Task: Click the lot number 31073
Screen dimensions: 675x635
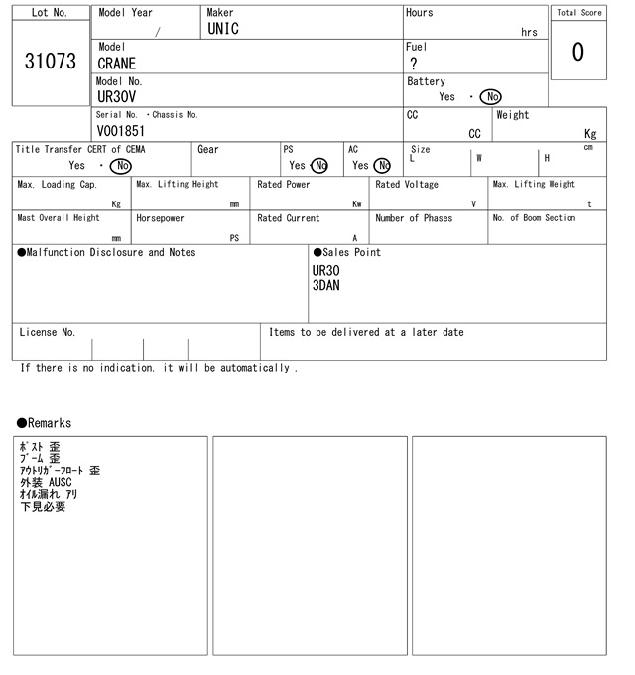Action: pyautogui.click(x=50, y=62)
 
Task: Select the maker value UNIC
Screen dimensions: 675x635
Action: pyautogui.click(x=223, y=30)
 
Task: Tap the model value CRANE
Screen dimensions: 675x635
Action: pyautogui.click(x=117, y=64)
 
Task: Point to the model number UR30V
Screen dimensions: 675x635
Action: pyautogui.click(x=117, y=97)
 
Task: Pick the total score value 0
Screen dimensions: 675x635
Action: pyautogui.click(x=577, y=52)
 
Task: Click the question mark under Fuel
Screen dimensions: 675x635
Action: pyautogui.click(x=413, y=64)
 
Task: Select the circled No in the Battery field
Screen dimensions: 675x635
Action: pyautogui.click(x=490, y=97)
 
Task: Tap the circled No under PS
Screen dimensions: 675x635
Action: pyautogui.click(x=318, y=166)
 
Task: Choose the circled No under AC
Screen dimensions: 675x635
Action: pyautogui.click(x=382, y=166)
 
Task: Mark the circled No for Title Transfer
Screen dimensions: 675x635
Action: pyautogui.click(x=120, y=166)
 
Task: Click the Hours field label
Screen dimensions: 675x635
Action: pyautogui.click(x=419, y=13)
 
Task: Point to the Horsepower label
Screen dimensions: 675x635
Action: pyautogui.click(x=160, y=218)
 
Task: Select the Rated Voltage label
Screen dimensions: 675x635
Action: pyautogui.click(x=407, y=185)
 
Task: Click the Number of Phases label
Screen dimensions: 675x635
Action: pyautogui.click(x=414, y=218)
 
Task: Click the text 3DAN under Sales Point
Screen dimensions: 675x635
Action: pyautogui.click(x=326, y=285)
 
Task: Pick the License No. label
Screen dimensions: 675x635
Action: pyautogui.click(x=47, y=332)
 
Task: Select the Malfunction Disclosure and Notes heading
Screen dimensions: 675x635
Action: pyautogui.click(x=106, y=252)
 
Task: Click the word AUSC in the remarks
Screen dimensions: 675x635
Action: pyautogui.click(x=61, y=482)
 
